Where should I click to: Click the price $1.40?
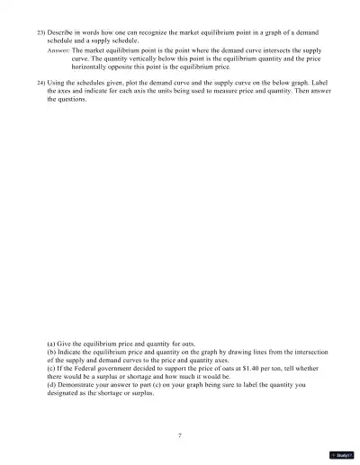click(238, 368)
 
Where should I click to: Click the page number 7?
click(180, 435)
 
